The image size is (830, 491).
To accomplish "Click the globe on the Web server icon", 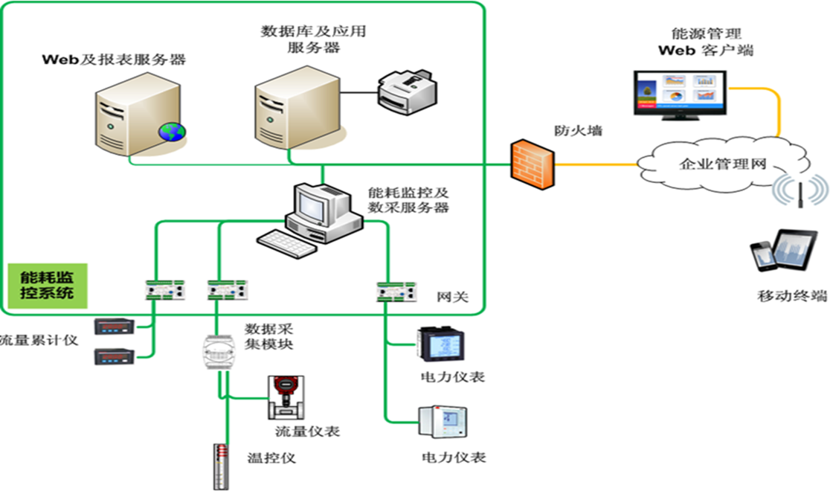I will [x=171, y=132].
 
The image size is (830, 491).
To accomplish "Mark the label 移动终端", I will [x=792, y=296].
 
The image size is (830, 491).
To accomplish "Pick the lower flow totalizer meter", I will [x=112, y=357].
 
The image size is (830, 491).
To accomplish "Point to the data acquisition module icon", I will [x=219, y=353].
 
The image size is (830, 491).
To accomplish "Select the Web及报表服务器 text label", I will [x=114, y=60].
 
